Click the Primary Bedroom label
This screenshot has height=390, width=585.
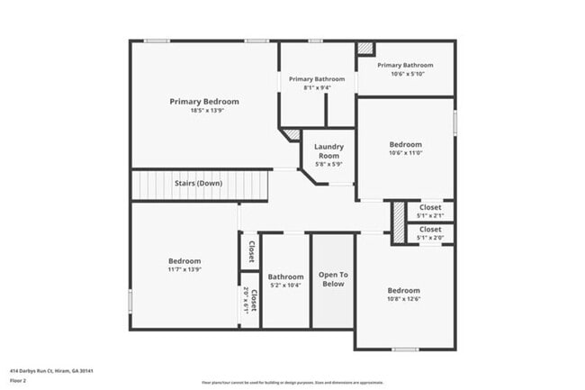tap(204, 102)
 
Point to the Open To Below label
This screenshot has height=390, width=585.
tap(333, 279)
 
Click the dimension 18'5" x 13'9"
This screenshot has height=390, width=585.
tap(204, 111)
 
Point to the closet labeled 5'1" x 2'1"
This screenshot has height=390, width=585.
tap(430, 211)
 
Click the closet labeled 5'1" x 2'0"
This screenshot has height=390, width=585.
tap(430, 233)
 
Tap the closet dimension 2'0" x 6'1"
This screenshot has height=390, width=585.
tap(246, 299)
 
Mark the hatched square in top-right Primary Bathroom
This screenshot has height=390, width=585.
tap(365, 49)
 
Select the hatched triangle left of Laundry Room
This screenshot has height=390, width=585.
tap(292, 134)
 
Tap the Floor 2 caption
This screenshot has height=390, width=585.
tap(19, 381)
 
